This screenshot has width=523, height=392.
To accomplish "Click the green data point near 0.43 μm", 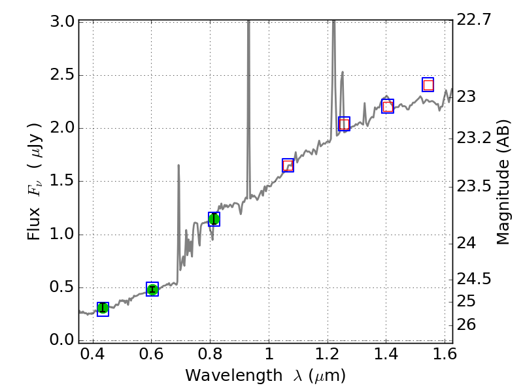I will point(103,308).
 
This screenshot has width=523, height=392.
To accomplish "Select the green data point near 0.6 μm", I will point(152,289).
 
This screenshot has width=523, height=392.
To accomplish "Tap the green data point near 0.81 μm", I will point(214,219).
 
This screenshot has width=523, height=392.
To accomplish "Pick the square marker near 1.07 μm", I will point(288,165).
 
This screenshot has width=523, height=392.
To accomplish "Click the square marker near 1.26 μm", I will point(344,124).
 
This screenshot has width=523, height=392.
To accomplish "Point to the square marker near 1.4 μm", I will point(388,106).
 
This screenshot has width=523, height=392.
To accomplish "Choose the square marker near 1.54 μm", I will point(428,85).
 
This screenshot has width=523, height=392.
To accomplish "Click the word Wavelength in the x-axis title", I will point(223,376).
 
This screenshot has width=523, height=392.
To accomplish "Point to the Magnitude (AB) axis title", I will point(503,182).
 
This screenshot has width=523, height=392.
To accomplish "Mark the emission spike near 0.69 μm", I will point(178,196).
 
